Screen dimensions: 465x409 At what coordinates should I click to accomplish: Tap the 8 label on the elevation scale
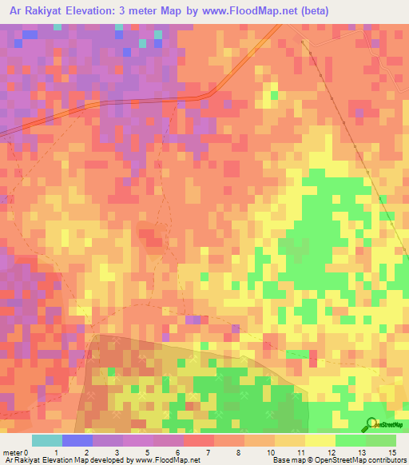228,452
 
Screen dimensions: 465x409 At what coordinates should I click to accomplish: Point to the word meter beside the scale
12,452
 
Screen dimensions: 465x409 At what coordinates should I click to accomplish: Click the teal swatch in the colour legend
47,440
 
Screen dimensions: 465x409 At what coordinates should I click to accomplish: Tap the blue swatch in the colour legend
77,440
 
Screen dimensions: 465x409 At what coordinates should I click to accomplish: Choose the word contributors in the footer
384,460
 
